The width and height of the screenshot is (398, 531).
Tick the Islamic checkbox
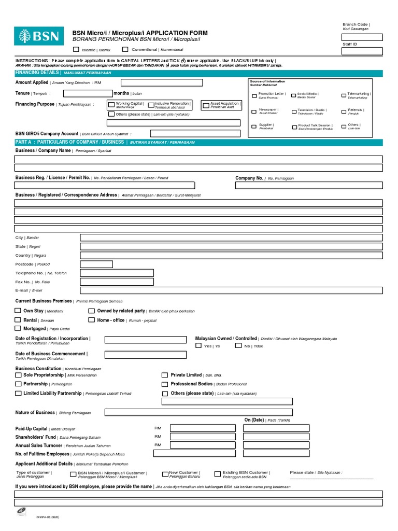[x=76, y=50]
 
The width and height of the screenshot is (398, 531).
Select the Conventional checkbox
[x=125, y=50]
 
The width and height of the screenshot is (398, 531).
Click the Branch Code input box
[x=362, y=37]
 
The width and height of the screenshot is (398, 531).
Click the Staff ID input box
[x=362, y=51]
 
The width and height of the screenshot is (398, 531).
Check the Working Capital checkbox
[x=111, y=105]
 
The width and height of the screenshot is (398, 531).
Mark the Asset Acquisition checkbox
[x=206, y=105]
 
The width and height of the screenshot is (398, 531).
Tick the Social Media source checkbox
[x=294, y=96]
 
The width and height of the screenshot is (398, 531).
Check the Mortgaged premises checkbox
[x=18, y=328]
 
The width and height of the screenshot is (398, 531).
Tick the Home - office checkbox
[x=92, y=320]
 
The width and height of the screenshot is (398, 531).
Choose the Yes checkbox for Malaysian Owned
[x=198, y=345]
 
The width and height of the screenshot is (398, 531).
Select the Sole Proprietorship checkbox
[x=19, y=374]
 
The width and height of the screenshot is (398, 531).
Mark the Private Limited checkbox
[x=165, y=374]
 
